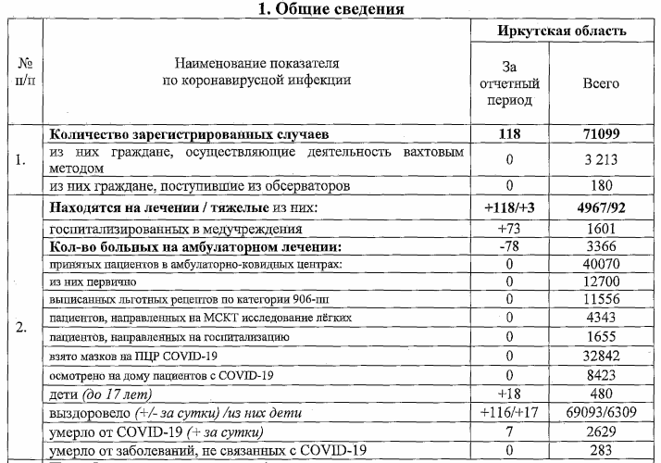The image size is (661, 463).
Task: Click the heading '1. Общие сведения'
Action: coord(330,10)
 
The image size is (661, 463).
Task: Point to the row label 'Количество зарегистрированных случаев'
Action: coord(190,134)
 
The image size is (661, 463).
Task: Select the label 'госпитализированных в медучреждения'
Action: coord(176,228)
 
